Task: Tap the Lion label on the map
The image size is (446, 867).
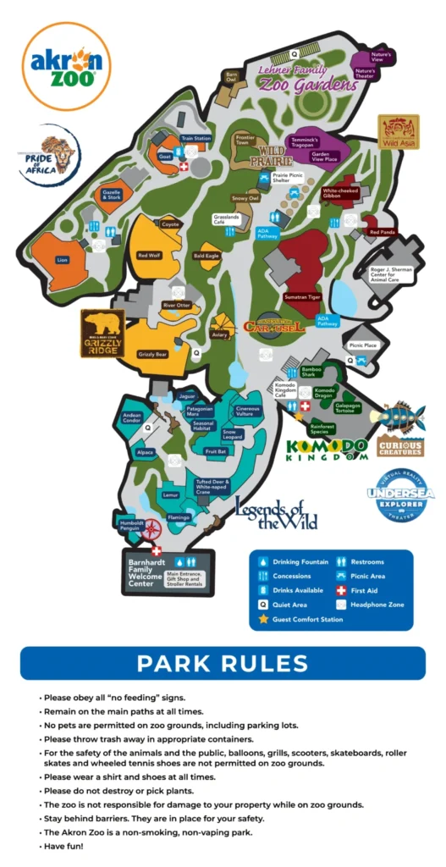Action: click(62, 261)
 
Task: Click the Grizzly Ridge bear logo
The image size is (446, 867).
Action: click(102, 334)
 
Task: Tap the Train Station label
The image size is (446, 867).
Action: click(195, 138)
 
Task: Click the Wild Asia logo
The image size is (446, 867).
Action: click(398, 132)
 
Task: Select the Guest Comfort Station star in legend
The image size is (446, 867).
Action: click(263, 619)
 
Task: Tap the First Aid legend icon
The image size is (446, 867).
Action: click(341, 590)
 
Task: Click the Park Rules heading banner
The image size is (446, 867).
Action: click(223, 663)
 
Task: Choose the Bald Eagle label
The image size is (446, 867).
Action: click(206, 255)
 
